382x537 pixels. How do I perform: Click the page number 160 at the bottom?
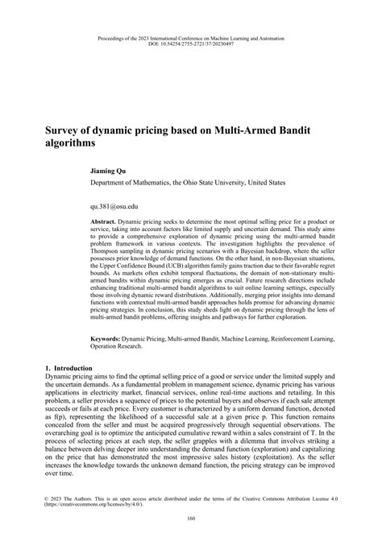tap(191, 517)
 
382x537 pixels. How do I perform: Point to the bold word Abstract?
tap(103, 221)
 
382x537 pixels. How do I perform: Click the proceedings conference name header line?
tap(191, 37)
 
